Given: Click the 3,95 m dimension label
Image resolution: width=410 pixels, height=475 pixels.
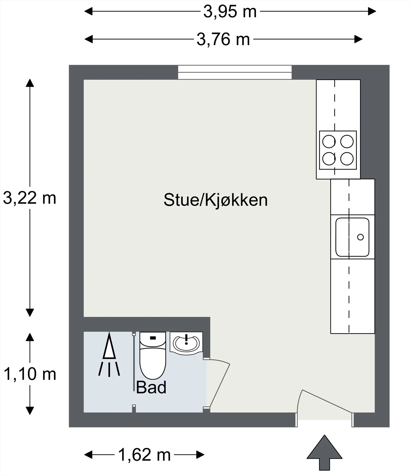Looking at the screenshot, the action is click(x=230, y=12).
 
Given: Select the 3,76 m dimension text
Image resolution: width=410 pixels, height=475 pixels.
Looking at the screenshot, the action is click(x=223, y=39).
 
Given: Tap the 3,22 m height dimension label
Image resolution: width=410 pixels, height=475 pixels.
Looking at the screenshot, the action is click(x=30, y=198).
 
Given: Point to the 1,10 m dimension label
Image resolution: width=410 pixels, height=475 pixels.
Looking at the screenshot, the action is click(x=30, y=374).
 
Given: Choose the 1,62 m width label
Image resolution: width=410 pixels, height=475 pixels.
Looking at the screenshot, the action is click(x=145, y=455).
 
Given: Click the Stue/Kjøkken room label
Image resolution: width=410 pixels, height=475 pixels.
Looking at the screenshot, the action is click(x=216, y=200).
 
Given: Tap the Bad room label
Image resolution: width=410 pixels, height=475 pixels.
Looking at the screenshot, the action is click(x=151, y=387).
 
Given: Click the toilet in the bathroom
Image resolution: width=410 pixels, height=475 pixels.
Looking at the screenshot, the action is click(x=153, y=355).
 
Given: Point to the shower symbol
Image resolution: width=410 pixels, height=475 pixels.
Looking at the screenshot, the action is click(x=109, y=355).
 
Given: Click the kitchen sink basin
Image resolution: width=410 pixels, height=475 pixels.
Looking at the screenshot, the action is click(x=352, y=237).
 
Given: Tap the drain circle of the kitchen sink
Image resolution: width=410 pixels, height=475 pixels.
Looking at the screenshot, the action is click(x=360, y=237).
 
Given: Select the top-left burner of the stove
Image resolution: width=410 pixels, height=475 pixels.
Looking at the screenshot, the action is click(x=329, y=141).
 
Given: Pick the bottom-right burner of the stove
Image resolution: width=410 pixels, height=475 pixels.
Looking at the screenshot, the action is click(x=347, y=159).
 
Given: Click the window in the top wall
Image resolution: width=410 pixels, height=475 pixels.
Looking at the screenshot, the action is click(x=235, y=72).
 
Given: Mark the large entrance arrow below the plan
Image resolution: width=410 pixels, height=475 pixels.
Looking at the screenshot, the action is click(x=324, y=452).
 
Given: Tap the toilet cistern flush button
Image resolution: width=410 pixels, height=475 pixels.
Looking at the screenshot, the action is click(x=153, y=338).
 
